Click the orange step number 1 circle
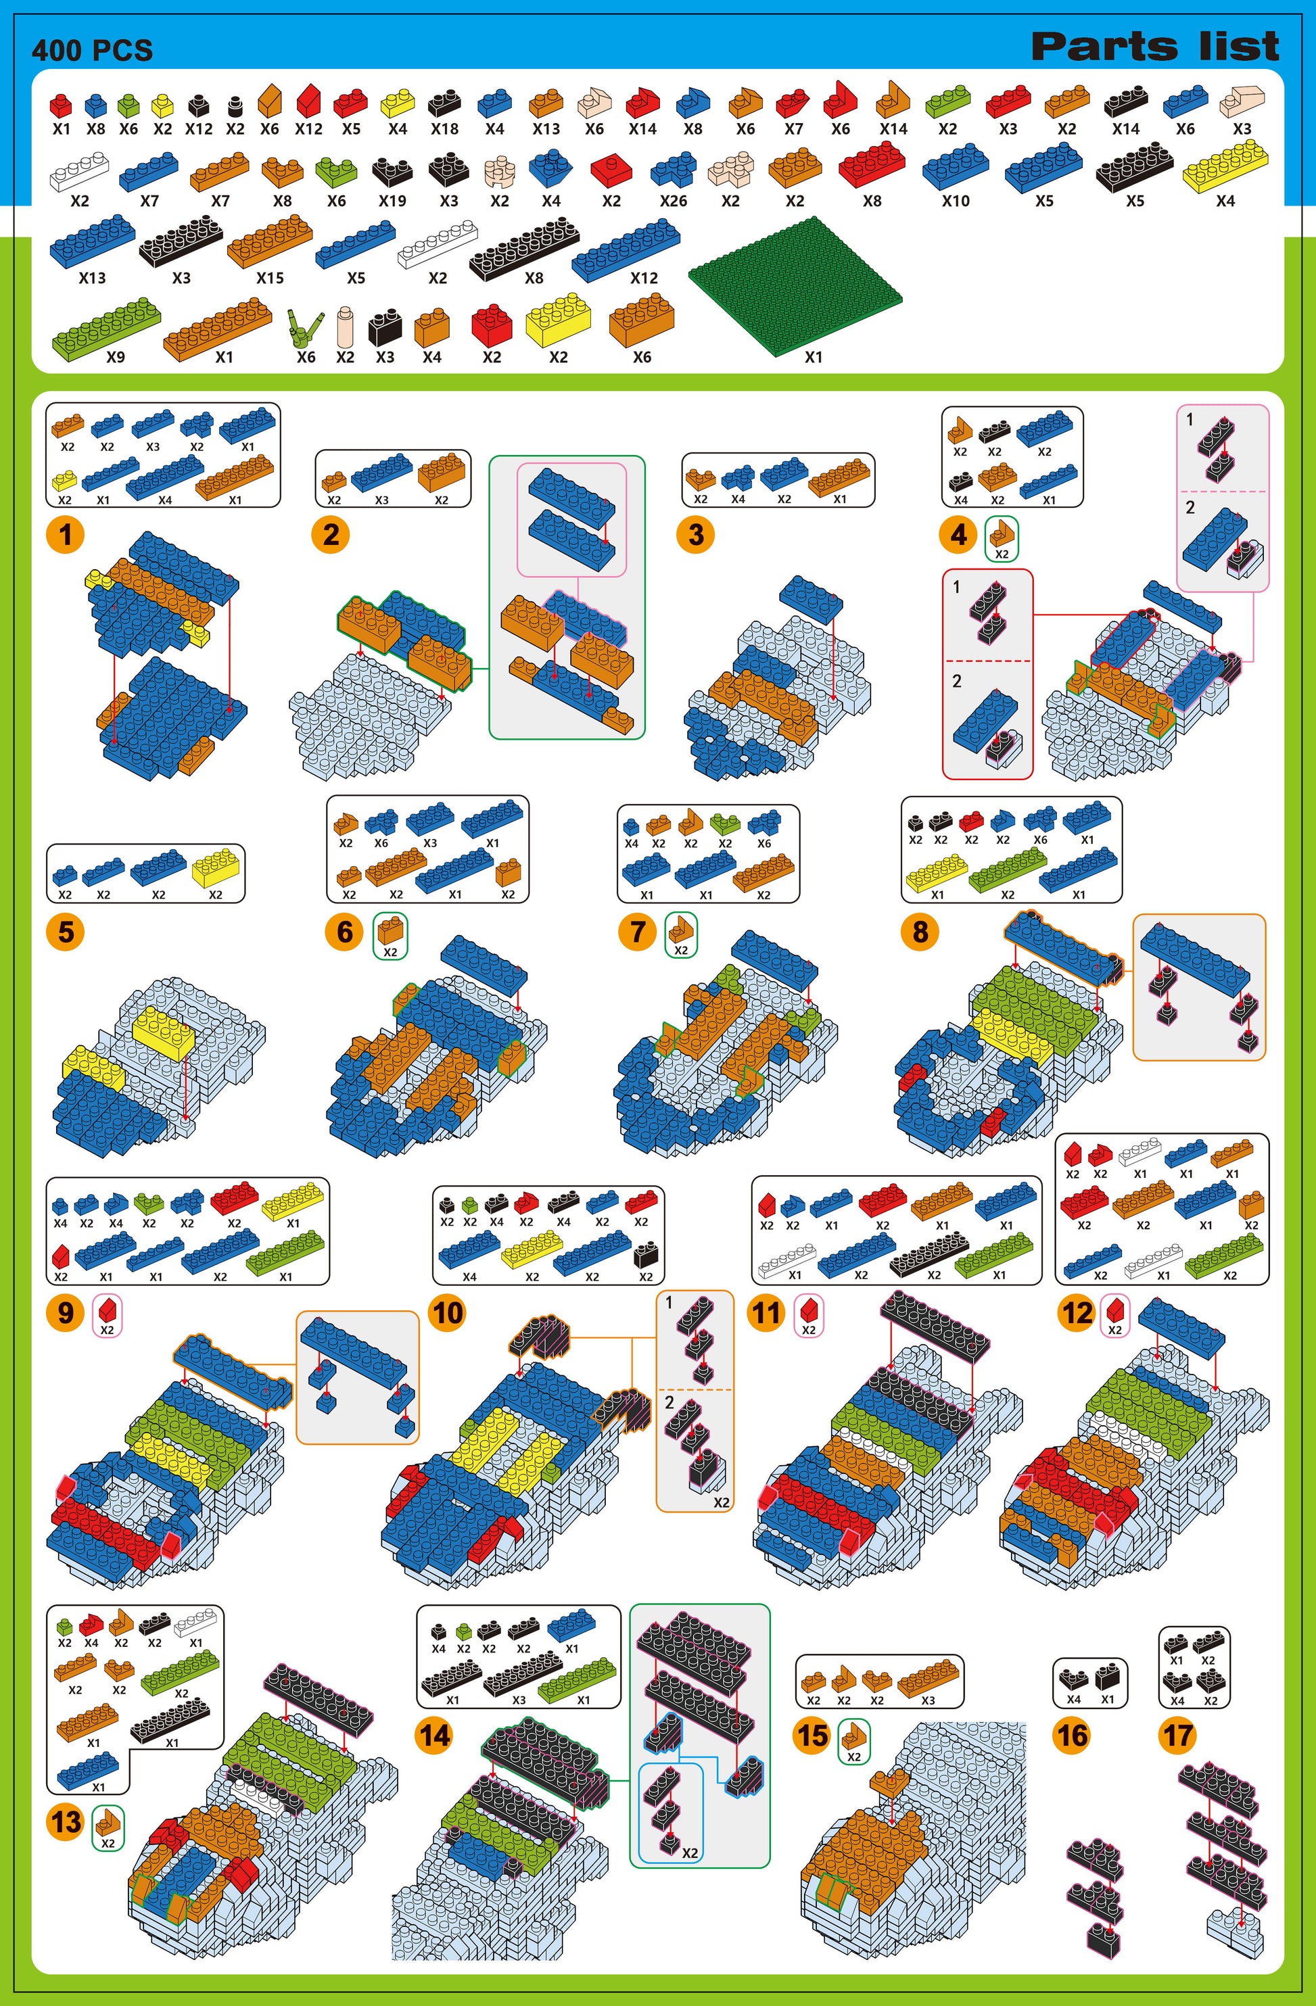pos(66,534)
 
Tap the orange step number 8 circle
pos(920,932)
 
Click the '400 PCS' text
pos(93,51)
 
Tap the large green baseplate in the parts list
pos(795,287)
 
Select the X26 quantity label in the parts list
pos(673,201)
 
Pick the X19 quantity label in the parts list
pos(392,201)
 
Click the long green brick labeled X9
pos(106,328)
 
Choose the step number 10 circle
pos(448,1312)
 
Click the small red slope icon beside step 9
pos(107,1312)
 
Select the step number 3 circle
pos(695,534)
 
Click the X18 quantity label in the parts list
pos(444,129)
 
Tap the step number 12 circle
pos(1077,1312)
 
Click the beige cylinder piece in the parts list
pos(345,326)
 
